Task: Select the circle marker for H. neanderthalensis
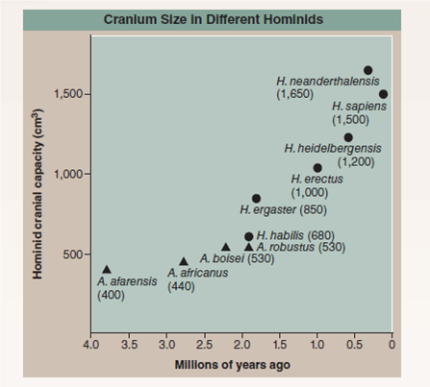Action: coord(367,70)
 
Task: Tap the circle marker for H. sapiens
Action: coord(383,94)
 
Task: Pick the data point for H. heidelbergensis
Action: coord(348,137)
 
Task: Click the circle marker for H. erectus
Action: coord(317,168)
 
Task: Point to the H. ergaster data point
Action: coord(256,199)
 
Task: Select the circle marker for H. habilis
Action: coord(249,236)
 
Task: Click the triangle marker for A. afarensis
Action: coord(107,270)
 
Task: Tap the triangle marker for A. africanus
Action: coord(184,261)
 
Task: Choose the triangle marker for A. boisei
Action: coord(226,247)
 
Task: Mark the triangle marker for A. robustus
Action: coord(249,247)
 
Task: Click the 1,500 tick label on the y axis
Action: coord(70,95)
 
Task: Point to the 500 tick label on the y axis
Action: coord(75,254)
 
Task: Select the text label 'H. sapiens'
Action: coord(359,107)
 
